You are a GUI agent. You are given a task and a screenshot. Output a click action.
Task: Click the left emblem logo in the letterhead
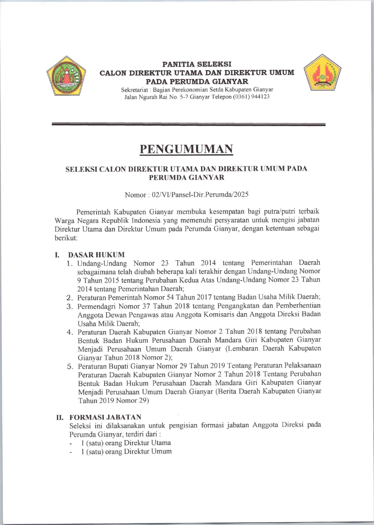pos(66,76)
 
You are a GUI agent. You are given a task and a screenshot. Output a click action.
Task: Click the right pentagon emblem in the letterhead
pos(322,73)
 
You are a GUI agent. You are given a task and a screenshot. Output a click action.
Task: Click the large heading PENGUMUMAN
pos(187,149)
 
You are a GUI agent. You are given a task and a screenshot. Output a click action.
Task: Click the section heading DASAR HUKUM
pos(96,255)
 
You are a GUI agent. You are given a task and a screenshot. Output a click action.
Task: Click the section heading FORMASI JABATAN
pos(105,417)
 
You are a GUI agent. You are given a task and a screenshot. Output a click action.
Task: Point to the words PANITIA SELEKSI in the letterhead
pos(197,64)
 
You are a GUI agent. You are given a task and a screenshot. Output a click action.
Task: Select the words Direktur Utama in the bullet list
pos(147,443)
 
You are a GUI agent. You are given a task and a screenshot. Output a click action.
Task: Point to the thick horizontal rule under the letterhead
pos(188,124)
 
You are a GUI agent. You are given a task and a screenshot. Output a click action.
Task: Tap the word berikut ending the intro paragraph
pos(66,238)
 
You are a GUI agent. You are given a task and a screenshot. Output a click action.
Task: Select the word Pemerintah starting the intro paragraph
pos(94,212)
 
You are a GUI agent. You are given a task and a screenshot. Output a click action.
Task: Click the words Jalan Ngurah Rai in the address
pos(144,97)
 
